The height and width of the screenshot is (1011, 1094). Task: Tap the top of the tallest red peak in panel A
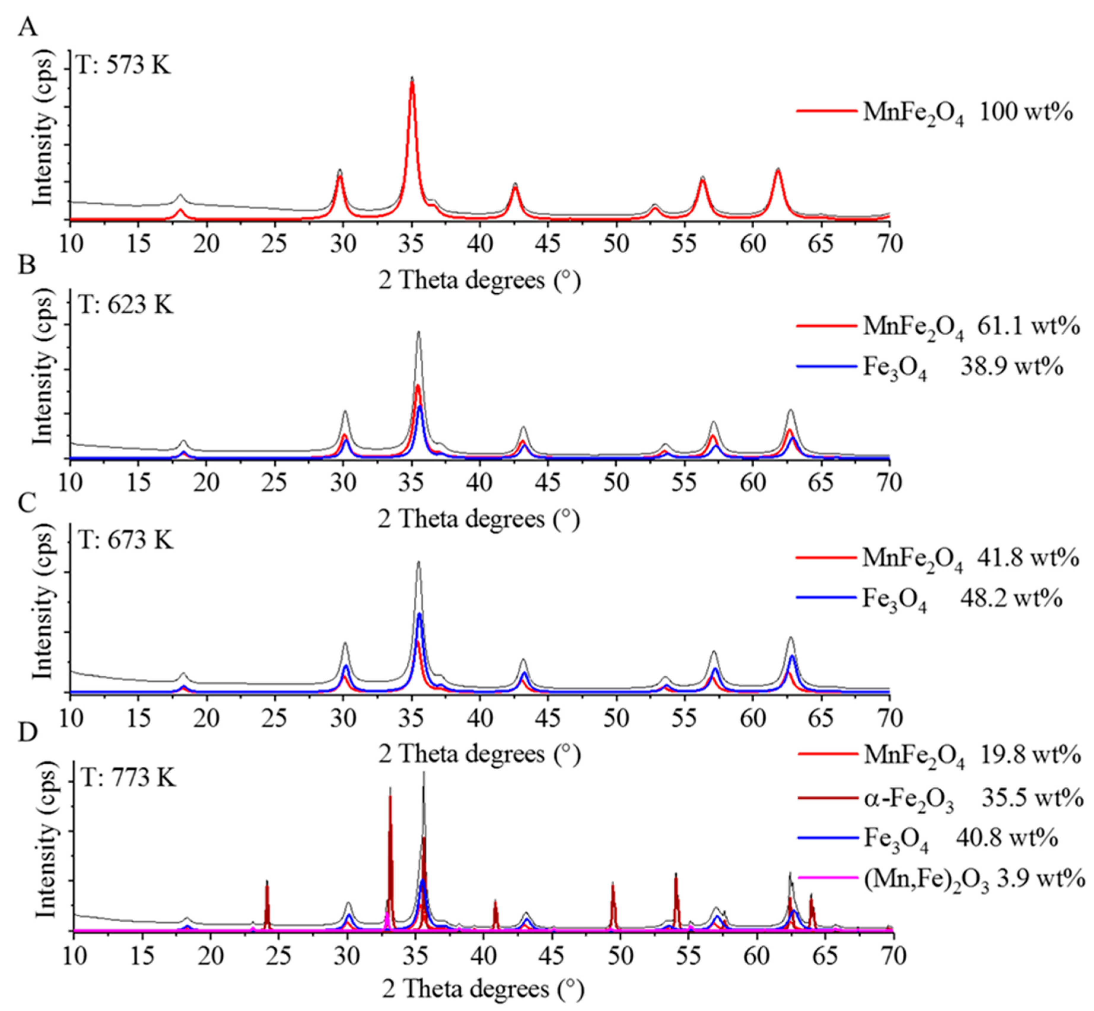coord(411,83)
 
